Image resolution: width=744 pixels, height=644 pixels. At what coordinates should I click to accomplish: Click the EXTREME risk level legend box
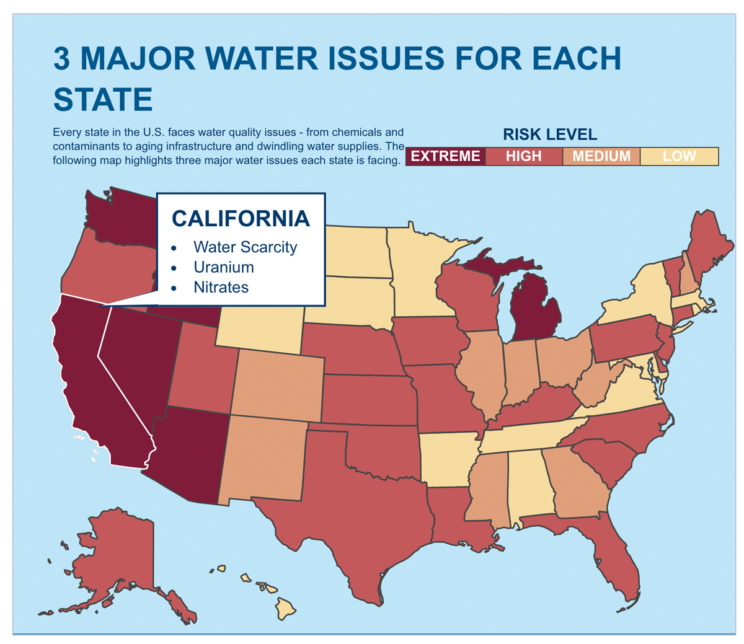point(445,156)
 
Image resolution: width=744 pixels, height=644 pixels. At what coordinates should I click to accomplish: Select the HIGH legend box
point(523,156)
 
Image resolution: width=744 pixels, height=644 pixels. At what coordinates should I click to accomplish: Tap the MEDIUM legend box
point(601,156)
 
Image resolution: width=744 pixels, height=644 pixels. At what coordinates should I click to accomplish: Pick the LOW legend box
point(679,156)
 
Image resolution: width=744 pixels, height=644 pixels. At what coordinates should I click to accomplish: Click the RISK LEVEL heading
point(549,135)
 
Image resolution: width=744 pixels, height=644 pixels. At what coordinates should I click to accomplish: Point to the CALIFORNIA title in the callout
point(241,218)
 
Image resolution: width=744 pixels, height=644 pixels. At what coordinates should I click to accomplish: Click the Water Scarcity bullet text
point(245,247)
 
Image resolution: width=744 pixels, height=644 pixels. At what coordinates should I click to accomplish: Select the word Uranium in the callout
point(223,267)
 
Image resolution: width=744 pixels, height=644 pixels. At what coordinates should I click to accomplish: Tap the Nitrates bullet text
point(221,287)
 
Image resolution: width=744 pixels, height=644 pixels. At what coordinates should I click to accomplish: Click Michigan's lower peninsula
point(534,310)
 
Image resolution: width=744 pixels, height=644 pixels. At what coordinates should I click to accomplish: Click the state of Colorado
point(279,384)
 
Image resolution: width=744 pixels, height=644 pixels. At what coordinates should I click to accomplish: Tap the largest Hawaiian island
point(286,607)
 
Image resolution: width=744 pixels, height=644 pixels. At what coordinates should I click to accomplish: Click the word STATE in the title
point(103,99)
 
